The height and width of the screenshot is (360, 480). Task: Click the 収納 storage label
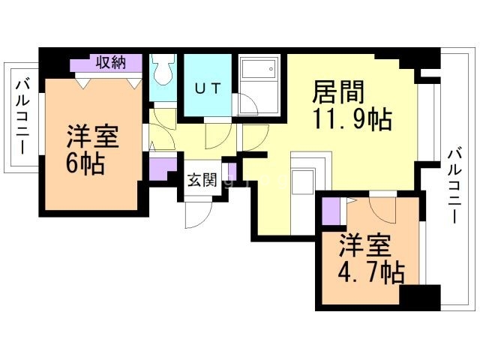coord(111,63)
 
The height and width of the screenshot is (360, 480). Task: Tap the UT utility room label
coord(208,88)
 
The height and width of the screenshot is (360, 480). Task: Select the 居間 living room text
coord(338,91)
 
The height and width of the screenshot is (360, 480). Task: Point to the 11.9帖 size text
coord(352,120)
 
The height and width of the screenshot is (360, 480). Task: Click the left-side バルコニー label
coord(22,117)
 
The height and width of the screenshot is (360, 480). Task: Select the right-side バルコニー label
coord(454,186)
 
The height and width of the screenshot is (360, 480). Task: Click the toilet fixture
coord(163,69)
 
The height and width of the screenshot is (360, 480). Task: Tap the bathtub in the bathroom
coord(258,67)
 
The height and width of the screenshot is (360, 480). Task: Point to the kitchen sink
coord(303,181)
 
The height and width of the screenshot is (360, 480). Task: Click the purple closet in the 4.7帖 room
coord(331,211)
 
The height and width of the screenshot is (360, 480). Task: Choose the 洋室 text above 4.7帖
coord(365,245)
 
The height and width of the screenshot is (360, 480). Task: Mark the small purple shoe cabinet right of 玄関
coord(232,170)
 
